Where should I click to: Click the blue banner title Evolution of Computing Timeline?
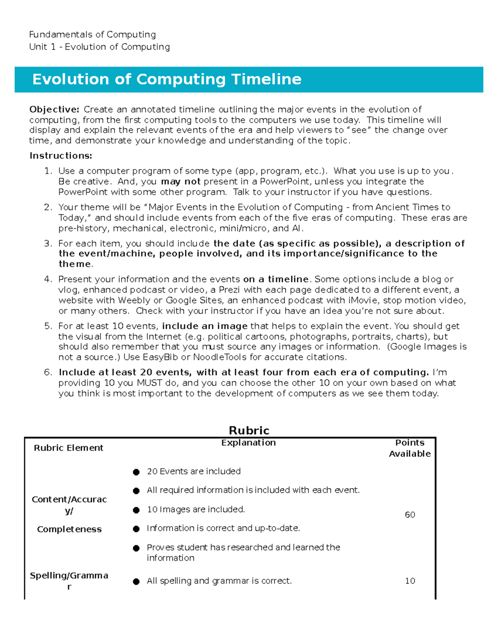point(166,79)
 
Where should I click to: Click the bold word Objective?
point(54,109)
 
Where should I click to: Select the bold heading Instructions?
point(61,156)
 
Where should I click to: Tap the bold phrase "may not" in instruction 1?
point(181,182)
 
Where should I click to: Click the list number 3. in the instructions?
point(48,243)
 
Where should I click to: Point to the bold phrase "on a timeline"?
point(276,279)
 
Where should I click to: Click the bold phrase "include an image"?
point(205,326)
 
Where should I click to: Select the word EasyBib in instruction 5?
point(160,357)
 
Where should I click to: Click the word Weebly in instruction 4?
point(134,300)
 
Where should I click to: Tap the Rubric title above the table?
point(249,430)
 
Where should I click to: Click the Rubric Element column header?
point(68,448)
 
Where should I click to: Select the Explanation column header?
point(248,443)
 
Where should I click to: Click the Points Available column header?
point(410,448)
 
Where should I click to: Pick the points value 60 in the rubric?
point(410,515)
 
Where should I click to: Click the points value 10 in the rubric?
point(410,581)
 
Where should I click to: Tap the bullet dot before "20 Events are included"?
point(136,472)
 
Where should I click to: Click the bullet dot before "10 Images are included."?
point(136,510)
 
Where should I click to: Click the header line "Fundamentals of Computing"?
point(93,34)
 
